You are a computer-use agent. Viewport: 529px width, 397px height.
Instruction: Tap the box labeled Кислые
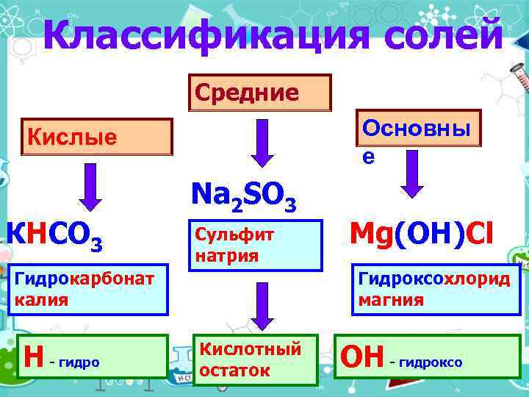pyautogui.click(x=98, y=137)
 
